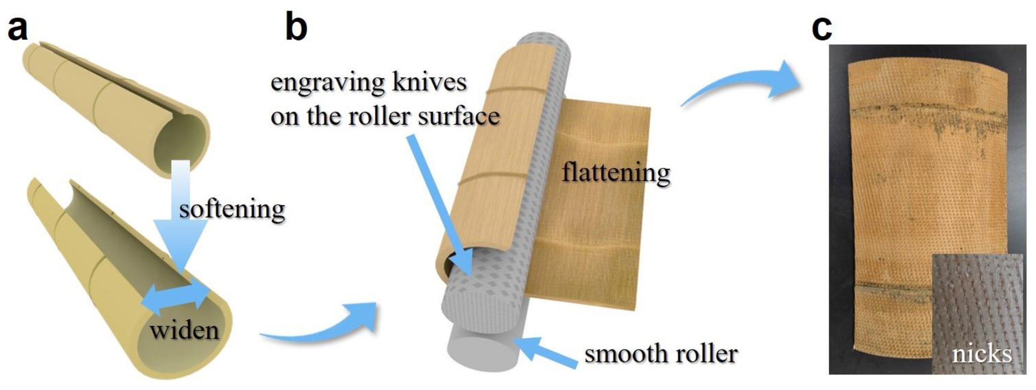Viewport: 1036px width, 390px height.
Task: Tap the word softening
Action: coord(232,209)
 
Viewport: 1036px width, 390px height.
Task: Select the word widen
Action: coord(185,330)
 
